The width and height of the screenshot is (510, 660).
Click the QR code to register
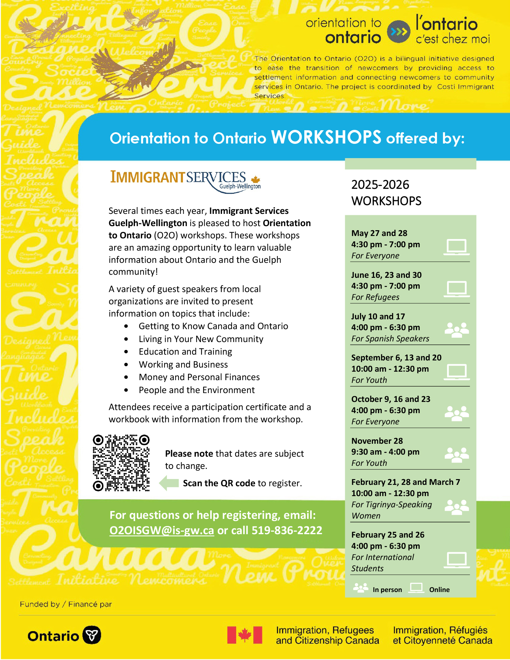pos(121,463)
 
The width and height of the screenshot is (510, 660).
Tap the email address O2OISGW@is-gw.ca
pos(161,530)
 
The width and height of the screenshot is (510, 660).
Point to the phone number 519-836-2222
pos(287,530)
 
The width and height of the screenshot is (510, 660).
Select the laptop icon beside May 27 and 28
pos(457,247)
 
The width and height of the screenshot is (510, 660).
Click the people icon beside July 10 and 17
pos(457,330)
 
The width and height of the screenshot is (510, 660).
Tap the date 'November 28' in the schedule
pos(377,441)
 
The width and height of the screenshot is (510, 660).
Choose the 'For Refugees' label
pos(375,297)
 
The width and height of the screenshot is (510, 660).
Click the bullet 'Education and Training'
pos(185,352)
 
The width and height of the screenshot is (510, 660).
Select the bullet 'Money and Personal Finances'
pos(199,377)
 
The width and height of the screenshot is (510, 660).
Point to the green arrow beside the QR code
pos(169,483)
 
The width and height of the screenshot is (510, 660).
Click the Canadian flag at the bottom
pos(244,635)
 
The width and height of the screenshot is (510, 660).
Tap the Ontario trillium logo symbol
pos(92,635)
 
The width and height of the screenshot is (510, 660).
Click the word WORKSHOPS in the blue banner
pos(326,137)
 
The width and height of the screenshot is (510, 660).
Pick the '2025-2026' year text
pos(380,185)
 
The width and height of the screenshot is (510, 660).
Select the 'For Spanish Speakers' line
pos(390,339)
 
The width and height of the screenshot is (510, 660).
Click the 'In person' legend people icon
pos(360,588)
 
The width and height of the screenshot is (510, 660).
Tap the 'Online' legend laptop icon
pos(416,588)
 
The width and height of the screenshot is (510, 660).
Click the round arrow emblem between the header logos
pos(398,32)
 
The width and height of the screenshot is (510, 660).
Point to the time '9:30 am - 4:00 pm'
pos(385,452)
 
